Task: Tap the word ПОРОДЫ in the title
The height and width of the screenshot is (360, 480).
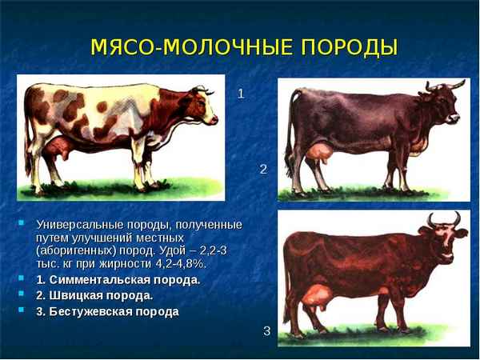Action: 349,46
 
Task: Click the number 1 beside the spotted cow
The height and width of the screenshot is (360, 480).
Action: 241,94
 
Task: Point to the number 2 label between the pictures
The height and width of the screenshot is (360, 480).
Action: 263,169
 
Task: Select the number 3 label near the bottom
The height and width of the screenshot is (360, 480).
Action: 267,330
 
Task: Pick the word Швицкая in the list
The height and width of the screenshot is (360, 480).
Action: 76,295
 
